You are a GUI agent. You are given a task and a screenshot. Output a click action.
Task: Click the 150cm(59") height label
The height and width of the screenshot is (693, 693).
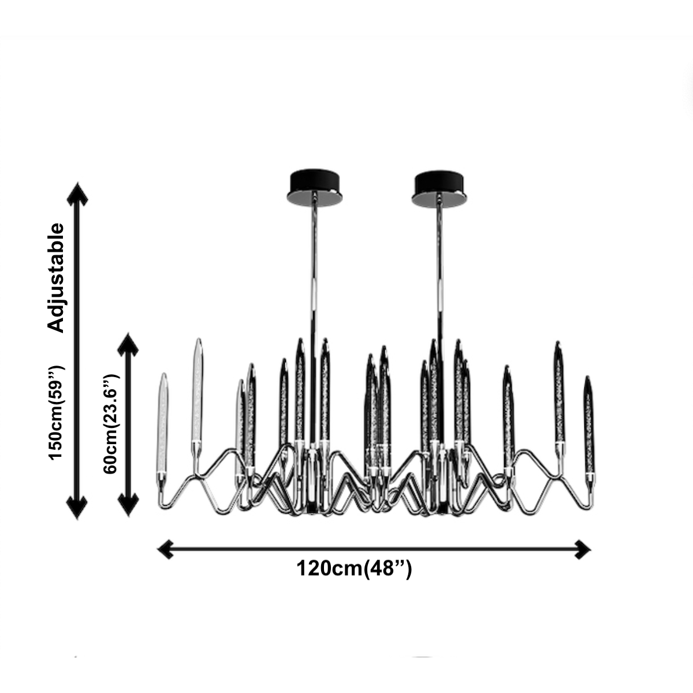click(56, 412)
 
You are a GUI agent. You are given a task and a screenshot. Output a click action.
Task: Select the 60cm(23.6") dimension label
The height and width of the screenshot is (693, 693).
click(110, 424)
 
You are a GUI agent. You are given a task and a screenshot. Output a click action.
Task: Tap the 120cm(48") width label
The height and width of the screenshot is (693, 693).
click(354, 568)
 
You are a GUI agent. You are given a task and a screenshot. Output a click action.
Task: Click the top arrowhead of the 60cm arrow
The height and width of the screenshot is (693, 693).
click(128, 345)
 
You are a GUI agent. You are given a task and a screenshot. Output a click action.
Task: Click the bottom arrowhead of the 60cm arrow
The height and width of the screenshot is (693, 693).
click(128, 505)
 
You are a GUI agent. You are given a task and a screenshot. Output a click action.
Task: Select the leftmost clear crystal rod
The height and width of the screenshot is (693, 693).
click(163, 422)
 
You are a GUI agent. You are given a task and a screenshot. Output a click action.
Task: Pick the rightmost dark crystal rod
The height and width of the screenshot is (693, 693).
click(588, 424)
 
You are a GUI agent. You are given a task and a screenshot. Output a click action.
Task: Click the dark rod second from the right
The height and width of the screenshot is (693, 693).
click(559, 393)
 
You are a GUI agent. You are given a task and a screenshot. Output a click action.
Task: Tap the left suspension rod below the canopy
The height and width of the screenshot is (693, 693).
click(314, 248)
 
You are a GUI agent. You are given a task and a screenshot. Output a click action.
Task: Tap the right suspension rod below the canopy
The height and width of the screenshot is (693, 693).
click(439, 248)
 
